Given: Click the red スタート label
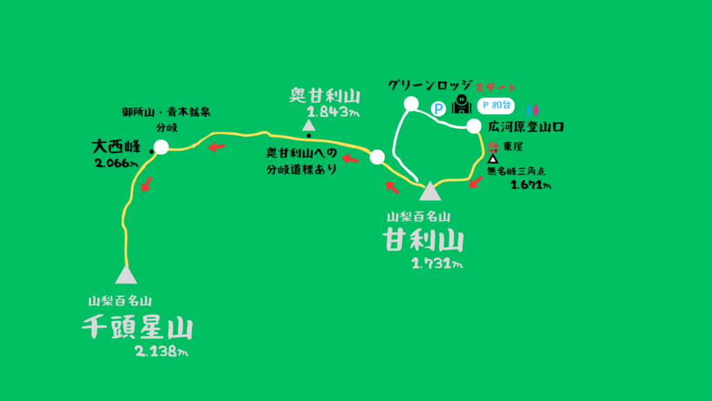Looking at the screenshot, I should point(496,88).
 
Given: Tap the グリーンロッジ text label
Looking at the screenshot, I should point(431,86).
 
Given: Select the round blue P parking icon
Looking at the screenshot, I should point(438,109).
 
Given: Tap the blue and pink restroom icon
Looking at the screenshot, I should point(532,109).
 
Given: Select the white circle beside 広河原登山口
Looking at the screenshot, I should point(474,126).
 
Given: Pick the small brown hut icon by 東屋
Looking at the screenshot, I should point(494,147).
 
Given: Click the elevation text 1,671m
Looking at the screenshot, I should point(531,185).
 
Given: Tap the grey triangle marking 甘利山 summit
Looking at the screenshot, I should point(430,191).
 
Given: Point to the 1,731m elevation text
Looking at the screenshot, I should point(437,262).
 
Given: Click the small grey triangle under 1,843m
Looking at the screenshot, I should point(308,125).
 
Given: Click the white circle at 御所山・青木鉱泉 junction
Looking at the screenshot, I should point(161,147).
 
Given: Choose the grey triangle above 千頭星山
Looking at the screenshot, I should point(126,274).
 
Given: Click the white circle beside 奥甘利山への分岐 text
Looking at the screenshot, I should point(377,157).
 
